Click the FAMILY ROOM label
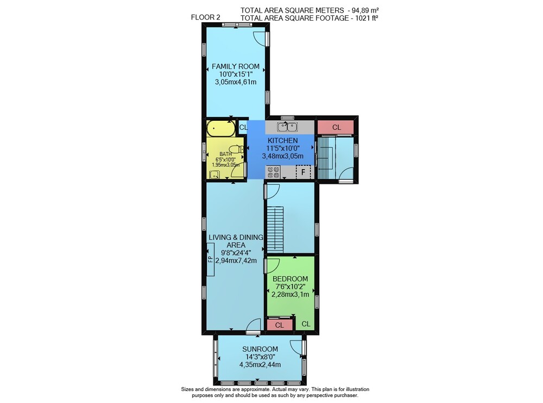tap(236, 66)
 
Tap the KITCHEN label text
tap(282, 140)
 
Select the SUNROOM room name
tap(260, 349)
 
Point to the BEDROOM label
tap(290, 278)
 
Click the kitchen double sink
tap(287, 127)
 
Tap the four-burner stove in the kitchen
tap(273, 172)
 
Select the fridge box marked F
tap(304, 172)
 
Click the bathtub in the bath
tap(221, 129)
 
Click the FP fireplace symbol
tap(210, 259)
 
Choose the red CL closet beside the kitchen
tap(336, 127)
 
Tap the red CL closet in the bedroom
tap(280, 325)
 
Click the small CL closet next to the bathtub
tap(243, 127)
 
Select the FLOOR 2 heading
tap(205, 17)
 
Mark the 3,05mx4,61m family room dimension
tap(236, 82)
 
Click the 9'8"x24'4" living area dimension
tap(236, 252)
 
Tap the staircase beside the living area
tap(275, 230)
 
